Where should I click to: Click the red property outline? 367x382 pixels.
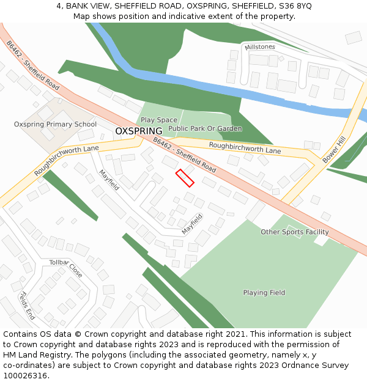click(x=185, y=178)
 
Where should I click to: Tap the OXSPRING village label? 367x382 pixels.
click(x=139, y=131)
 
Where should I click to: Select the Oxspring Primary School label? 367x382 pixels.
click(x=55, y=124)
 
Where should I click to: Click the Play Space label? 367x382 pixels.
click(x=159, y=120)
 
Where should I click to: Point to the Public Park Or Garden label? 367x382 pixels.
click(x=205, y=129)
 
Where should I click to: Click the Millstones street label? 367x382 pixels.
click(x=260, y=47)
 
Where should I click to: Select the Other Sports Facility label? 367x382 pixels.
click(x=294, y=232)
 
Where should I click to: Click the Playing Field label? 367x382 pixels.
click(x=264, y=293)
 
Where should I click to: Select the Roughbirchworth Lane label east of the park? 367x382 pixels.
click(x=245, y=147)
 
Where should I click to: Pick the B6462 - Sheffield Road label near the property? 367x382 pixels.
click(x=185, y=155)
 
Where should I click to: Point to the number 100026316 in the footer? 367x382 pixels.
click(x=24, y=376)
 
